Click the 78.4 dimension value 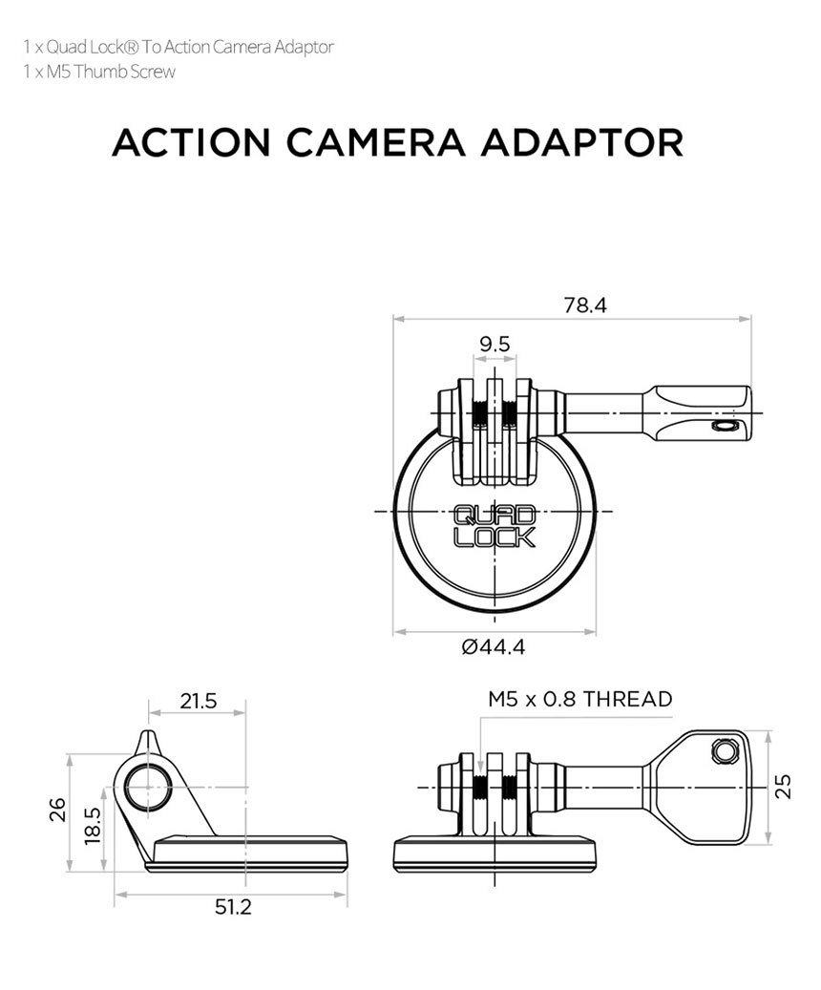(x=584, y=305)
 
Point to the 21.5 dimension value (x=199, y=701)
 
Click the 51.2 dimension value (x=233, y=906)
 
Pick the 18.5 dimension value (x=91, y=826)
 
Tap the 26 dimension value (x=58, y=810)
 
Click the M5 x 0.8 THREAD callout (x=579, y=699)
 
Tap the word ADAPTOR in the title (x=581, y=142)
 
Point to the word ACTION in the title (x=191, y=142)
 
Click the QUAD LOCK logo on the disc (x=495, y=526)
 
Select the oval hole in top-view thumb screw (x=725, y=426)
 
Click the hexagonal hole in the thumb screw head (x=724, y=753)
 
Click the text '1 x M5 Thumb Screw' (x=99, y=73)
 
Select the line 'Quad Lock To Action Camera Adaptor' (x=179, y=47)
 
